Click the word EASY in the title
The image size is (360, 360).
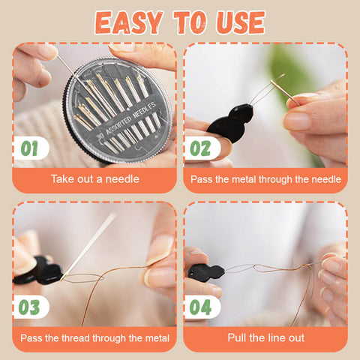(128, 22)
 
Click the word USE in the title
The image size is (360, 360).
(241, 22)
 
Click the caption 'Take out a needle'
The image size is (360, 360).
(95, 179)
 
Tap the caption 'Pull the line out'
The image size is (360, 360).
(265, 337)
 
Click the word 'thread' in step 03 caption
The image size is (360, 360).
(76, 338)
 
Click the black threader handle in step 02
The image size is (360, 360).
(230, 123)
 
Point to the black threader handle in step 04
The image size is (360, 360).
(206, 271)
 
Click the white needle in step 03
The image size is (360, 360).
(88, 246)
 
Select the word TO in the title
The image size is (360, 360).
(190, 22)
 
